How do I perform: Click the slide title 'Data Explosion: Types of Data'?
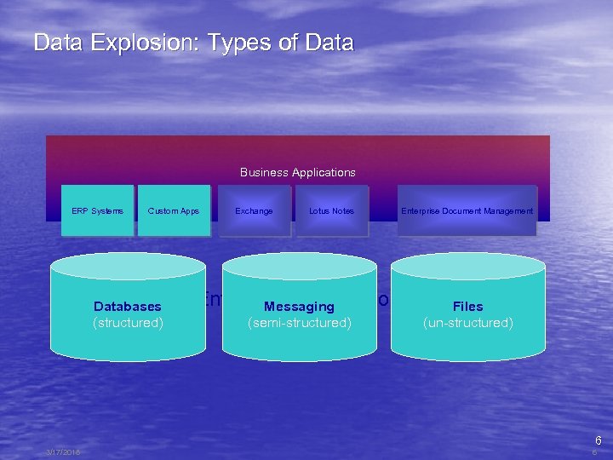click(193, 43)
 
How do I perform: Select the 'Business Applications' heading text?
click(297, 172)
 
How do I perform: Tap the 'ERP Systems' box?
click(97, 210)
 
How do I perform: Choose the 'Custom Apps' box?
click(174, 210)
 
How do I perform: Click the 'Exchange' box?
click(254, 210)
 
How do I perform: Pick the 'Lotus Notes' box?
click(331, 210)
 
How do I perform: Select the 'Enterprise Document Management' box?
click(467, 210)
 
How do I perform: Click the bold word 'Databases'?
click(128, 307)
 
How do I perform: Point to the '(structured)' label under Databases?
click(128, 323)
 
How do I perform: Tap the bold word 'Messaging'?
click(299, 307)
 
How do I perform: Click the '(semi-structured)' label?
click(299, 323)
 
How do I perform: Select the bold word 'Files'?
click(467, 307)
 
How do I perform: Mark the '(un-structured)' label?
click(467, 323)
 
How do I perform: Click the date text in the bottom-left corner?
click(63, 452)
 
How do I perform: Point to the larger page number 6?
click(598, 440)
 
